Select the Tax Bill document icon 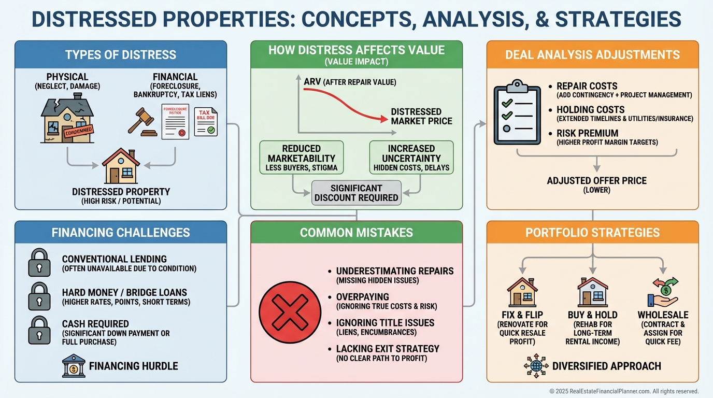pyautogui.click(x=206, y=122)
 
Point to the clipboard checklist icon pyautogui.click(x=514, y=111)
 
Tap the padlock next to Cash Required pyautogui.click(x=39, y=329)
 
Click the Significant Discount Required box pyautogui.click(x=356, y=192)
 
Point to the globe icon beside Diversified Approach pyautogui.click(x=536, y=366)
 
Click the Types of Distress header pyautogui.click(x=121, y=54)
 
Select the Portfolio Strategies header pyautogui.click(x=592, y=233)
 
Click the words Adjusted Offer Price pyautogui.click(x=597, y=181)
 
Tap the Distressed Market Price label pyautogui.click(x=421, y=116)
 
